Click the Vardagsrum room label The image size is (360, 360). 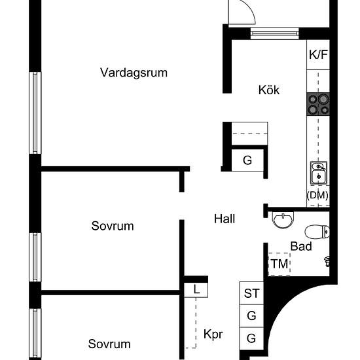(134, 73)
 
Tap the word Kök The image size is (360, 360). (269, 90)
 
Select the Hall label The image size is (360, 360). (225, 219)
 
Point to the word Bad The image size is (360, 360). (301, 246)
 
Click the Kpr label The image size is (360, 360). (213, 334)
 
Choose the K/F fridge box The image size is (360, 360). (318, 54)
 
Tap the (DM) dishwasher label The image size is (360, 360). (317, 195)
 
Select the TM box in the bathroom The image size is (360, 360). (279, 264)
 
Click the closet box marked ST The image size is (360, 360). (251, 293)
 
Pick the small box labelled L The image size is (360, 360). (196, 290)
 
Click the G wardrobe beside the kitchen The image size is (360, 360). (247, 160)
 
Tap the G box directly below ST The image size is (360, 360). (251, 316)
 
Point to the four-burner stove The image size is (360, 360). (318, 104)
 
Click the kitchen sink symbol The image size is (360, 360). (319, 173)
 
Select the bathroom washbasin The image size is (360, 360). (283, 220)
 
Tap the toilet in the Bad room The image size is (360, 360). (317, 232)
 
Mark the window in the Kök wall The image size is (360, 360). (275, 33)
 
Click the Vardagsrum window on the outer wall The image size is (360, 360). (35, 113)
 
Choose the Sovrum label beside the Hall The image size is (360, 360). (113, 226)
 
